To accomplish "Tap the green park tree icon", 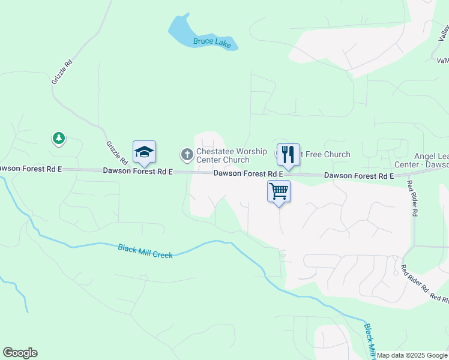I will pos(58,139).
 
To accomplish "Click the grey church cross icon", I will pos(187,155).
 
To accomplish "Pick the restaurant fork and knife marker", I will pos(288,154).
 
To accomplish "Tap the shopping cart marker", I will pos(279,191).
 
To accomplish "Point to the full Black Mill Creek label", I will pos(145,251).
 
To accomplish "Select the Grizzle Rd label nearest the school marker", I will pos(116,153).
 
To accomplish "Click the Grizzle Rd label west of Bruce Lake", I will pos(62,71).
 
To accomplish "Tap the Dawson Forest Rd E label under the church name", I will pos(249,173).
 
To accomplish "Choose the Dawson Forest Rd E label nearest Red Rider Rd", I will pos(359,176).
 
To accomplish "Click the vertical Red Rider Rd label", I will pos(412,199).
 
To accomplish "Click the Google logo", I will pos(20,353).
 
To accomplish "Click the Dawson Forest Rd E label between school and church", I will pos(137,171).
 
